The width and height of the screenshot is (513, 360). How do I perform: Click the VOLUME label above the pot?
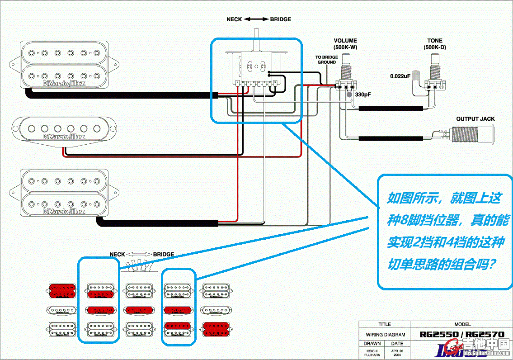[x=345, y=41]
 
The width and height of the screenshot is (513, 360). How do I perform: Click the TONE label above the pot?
[x=435, y=41]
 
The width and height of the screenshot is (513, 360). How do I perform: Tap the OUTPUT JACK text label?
[x=475, y=119]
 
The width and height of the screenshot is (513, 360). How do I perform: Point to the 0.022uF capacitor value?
[x=400, y=76]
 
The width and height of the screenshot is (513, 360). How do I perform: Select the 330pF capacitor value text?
[x=362, y=95]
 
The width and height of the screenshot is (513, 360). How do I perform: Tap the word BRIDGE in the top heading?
[x=280, y=19]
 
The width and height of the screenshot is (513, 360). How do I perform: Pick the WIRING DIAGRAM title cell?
[x=384, y=335]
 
